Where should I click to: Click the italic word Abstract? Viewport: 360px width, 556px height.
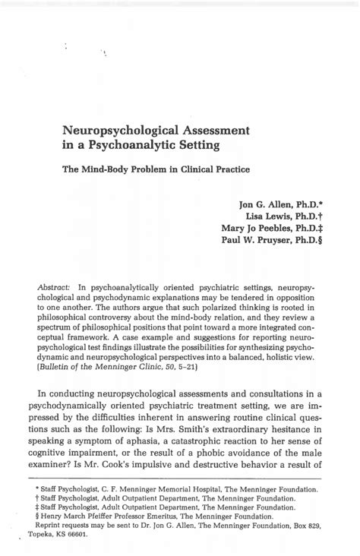pyautogui.click(x=55, y=288)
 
